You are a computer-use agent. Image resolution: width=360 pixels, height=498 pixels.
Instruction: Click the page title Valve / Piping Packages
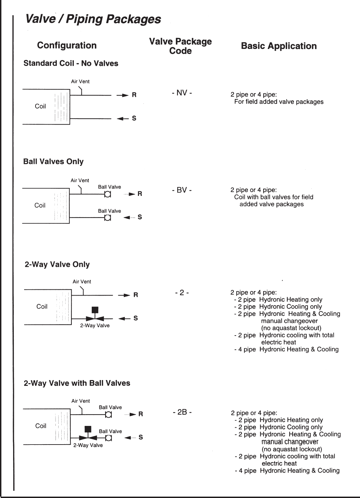tap(93, 19)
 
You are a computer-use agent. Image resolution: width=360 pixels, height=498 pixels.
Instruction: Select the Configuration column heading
tap(67, 46)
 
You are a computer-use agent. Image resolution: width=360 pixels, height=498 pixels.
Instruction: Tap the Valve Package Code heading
tap(180, 46)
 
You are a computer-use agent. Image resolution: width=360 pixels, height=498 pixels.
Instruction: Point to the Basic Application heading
tap(279, 46)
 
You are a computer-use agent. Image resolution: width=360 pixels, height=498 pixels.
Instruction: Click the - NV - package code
tap(182, 93)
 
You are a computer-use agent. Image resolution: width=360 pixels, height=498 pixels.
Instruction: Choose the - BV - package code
tap(182, 190)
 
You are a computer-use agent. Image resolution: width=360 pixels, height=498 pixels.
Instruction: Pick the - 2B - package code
tap(182, 412)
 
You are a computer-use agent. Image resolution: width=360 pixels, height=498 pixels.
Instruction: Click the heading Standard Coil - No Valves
tap(71, 63)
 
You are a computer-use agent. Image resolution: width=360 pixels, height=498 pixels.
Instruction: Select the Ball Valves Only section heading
tap(53, 162)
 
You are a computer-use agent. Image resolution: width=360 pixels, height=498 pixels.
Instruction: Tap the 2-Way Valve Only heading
tap(57, 265)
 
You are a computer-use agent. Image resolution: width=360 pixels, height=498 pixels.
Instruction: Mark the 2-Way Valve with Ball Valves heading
tap(77, 383)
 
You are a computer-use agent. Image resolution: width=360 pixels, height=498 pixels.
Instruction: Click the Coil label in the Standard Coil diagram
tap(40, 106)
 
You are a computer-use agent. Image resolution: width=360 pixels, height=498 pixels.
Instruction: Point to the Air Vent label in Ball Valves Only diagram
tap(80, 180)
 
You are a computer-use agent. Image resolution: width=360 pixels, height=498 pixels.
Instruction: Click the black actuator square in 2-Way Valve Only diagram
tap(95, 310)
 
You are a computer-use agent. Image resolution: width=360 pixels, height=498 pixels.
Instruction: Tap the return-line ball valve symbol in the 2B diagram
tap(108, 415)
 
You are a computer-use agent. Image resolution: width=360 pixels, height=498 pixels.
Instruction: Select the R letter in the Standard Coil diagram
tap(134, 95)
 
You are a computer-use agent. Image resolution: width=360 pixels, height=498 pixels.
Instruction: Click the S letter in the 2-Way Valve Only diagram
tap(136, 318)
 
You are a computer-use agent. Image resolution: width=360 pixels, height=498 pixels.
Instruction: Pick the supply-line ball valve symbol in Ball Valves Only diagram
tap(108, 218)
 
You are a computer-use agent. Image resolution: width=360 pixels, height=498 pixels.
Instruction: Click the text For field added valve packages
tap(279, 102)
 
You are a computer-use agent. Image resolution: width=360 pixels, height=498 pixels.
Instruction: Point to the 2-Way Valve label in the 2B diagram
tap(88, 445)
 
